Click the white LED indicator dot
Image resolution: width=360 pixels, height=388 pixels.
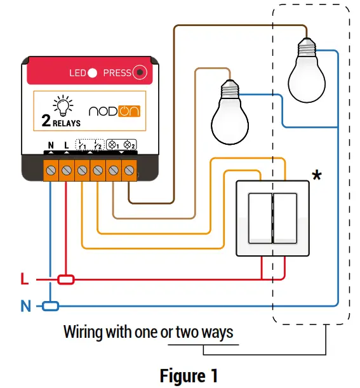(92, 73)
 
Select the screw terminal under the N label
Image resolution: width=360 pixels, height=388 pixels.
(51, 170)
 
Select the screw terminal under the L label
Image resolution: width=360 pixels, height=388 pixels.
(67, 170)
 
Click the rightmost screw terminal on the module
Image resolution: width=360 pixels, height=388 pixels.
(130, 170)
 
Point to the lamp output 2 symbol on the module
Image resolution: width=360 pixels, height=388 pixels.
(129, 145)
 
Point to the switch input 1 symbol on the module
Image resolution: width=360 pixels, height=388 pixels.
(82, 145)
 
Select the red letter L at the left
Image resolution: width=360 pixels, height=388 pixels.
(24, 279)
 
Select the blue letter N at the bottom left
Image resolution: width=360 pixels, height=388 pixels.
(25, 307)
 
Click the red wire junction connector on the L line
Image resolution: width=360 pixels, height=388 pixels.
(66, 279)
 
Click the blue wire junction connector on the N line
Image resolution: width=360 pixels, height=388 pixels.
(50, 306)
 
